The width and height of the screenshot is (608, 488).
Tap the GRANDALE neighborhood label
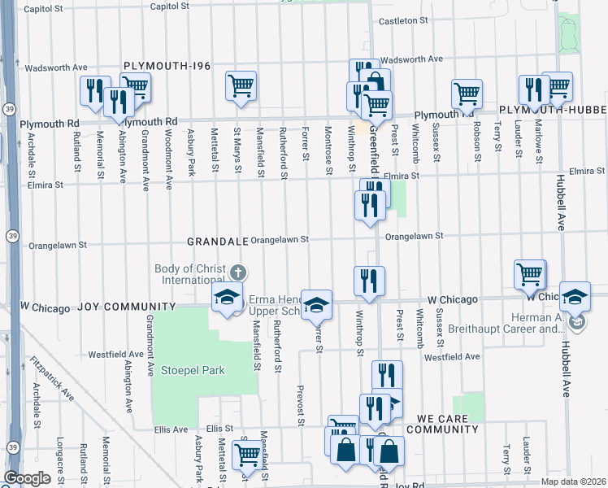point(216,242)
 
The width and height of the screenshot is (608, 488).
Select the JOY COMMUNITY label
point(126,307)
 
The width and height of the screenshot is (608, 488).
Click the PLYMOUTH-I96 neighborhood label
point(165,65)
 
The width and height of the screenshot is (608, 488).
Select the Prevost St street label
point(301,404)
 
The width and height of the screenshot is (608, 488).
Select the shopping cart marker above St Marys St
point(241,86)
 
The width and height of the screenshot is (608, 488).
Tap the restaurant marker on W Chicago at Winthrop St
point(369,281)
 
